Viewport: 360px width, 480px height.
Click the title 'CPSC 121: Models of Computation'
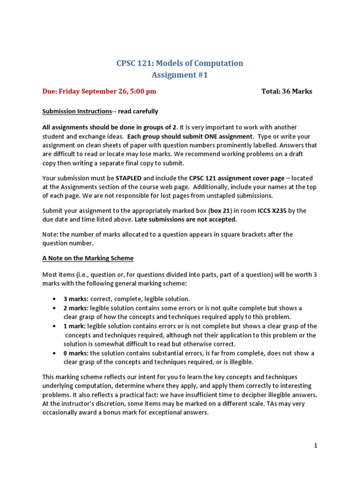point(180,63)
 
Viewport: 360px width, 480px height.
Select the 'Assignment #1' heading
point(180,75)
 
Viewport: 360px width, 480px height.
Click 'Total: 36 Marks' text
point(286,91)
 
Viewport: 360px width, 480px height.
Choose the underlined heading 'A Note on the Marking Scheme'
point(88,258)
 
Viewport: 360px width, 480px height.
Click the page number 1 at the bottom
point(316,446)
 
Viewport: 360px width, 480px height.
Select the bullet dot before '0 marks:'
point(55,353)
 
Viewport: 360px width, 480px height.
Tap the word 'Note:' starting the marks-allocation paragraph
point(50,234)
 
